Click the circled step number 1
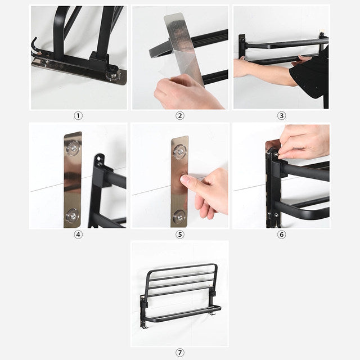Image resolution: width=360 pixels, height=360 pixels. pos(78,115)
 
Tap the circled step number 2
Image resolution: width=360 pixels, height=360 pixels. pos(180,115)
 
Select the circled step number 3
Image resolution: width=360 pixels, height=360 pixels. pos(281,115)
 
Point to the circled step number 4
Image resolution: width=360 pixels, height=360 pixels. pos(78,234)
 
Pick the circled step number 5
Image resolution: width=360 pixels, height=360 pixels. pos(180,234)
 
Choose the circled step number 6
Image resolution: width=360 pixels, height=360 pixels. pos(281,234)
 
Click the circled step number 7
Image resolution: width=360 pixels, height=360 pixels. pos(180,353)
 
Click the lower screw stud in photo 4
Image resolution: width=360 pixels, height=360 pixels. pos(72,214)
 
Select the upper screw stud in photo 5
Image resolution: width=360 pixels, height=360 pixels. pos(179,151)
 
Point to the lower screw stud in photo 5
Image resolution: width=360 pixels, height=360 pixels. pos(179,215)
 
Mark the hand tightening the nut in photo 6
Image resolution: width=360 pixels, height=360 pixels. pos(304,143)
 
